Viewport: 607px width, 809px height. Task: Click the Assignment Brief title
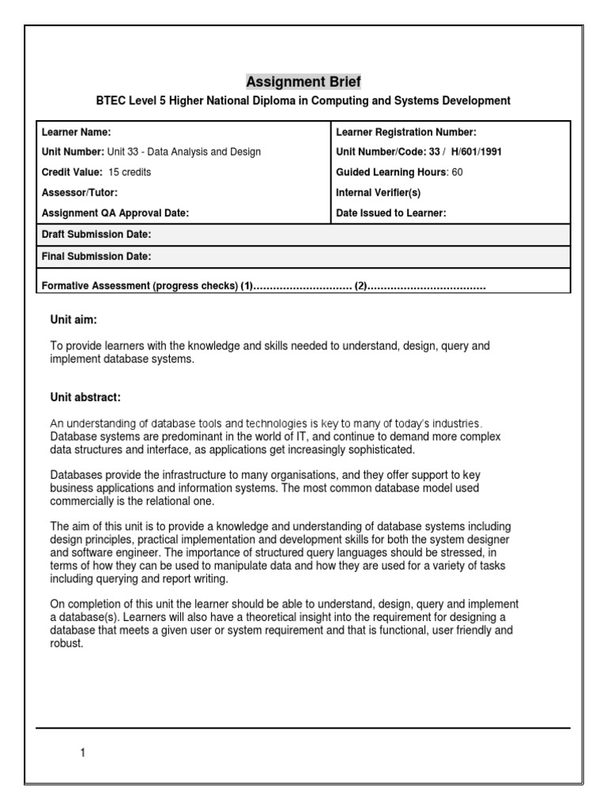pyautogui.click(x=303, y=81)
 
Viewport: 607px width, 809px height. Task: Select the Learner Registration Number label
pyautogui.click(x=406, y=132)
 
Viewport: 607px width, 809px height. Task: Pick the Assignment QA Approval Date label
pyautogui.click(x=115, y=213)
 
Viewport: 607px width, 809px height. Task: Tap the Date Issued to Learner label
pyautogui.click(x=391, y=213)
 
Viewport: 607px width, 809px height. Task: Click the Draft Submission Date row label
pyautogui.click(x=96, y=235)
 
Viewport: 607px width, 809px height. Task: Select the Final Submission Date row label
pyautogui.click(x=96, y=257)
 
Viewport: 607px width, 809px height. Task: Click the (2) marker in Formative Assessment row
pyautogui.click(x=361, y=285)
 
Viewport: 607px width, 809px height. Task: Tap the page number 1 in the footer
pyautogui.click(x=82, y=753)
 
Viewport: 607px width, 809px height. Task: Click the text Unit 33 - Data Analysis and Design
pyautogui.click(x=183, y=152)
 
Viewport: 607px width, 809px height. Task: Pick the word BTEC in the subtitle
pyautogui.click(x=111, y=101)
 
